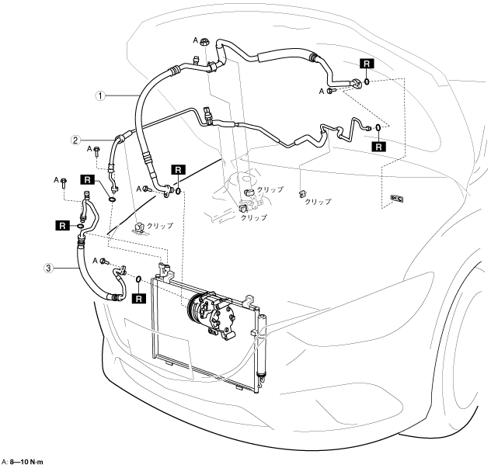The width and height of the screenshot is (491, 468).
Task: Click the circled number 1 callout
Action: (100, 95)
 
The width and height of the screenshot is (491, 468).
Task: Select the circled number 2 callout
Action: (75, 140)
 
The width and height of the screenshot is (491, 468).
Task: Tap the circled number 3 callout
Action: (48, 268)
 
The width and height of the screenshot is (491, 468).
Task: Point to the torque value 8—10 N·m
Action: (26, 462)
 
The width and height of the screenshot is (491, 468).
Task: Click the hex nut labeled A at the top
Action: (204, 41)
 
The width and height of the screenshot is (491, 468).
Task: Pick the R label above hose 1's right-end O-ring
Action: (367, 64)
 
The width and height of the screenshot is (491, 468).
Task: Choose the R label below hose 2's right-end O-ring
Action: (379, 147)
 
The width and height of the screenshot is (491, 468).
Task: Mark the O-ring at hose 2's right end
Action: (378, 127)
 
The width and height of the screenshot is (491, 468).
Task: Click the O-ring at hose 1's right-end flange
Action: (367, 81)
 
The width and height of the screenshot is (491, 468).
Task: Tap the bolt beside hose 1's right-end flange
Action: (332, 91)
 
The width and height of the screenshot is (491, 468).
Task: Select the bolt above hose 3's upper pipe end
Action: (64, 182)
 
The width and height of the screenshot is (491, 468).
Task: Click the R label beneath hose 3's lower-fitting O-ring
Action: (139, 299)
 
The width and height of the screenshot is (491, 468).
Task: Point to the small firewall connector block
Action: (396, 199)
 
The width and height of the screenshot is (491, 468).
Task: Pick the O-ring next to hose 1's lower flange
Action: (178, 190)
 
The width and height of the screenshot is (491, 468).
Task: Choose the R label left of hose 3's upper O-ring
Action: (63, 225)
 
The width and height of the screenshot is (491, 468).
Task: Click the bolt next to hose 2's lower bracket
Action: (97, 151)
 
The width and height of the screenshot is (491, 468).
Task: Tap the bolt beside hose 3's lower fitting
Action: (105, 262)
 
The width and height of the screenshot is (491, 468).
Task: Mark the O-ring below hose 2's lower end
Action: (112, 199)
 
